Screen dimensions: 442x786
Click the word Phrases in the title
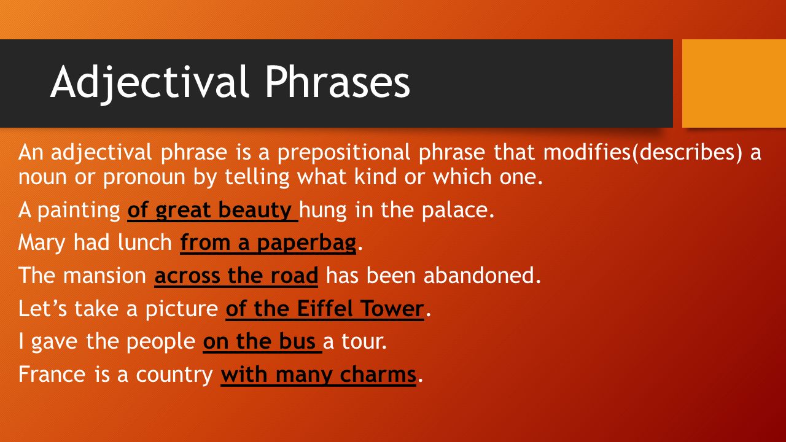coord(338,82)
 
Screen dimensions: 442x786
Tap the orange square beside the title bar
coord(734,83)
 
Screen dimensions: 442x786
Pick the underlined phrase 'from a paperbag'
coord(268,243)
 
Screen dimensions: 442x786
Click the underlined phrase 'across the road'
coord(236,276)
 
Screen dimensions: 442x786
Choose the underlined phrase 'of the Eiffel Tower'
coord(325,309)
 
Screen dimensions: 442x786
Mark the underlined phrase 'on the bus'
coord(261,342)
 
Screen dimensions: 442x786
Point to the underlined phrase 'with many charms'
coord(318,374)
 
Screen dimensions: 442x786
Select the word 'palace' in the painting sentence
coord(458,211)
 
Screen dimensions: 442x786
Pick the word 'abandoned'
coord(481,276)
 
